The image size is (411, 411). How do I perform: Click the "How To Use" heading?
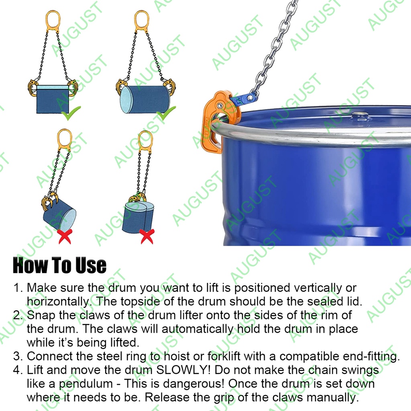coord(59,265)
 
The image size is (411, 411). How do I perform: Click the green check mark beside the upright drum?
coord(71,113)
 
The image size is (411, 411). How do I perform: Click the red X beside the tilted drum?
coord(65,236)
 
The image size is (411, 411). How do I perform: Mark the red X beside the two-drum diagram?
coord(147,236)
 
